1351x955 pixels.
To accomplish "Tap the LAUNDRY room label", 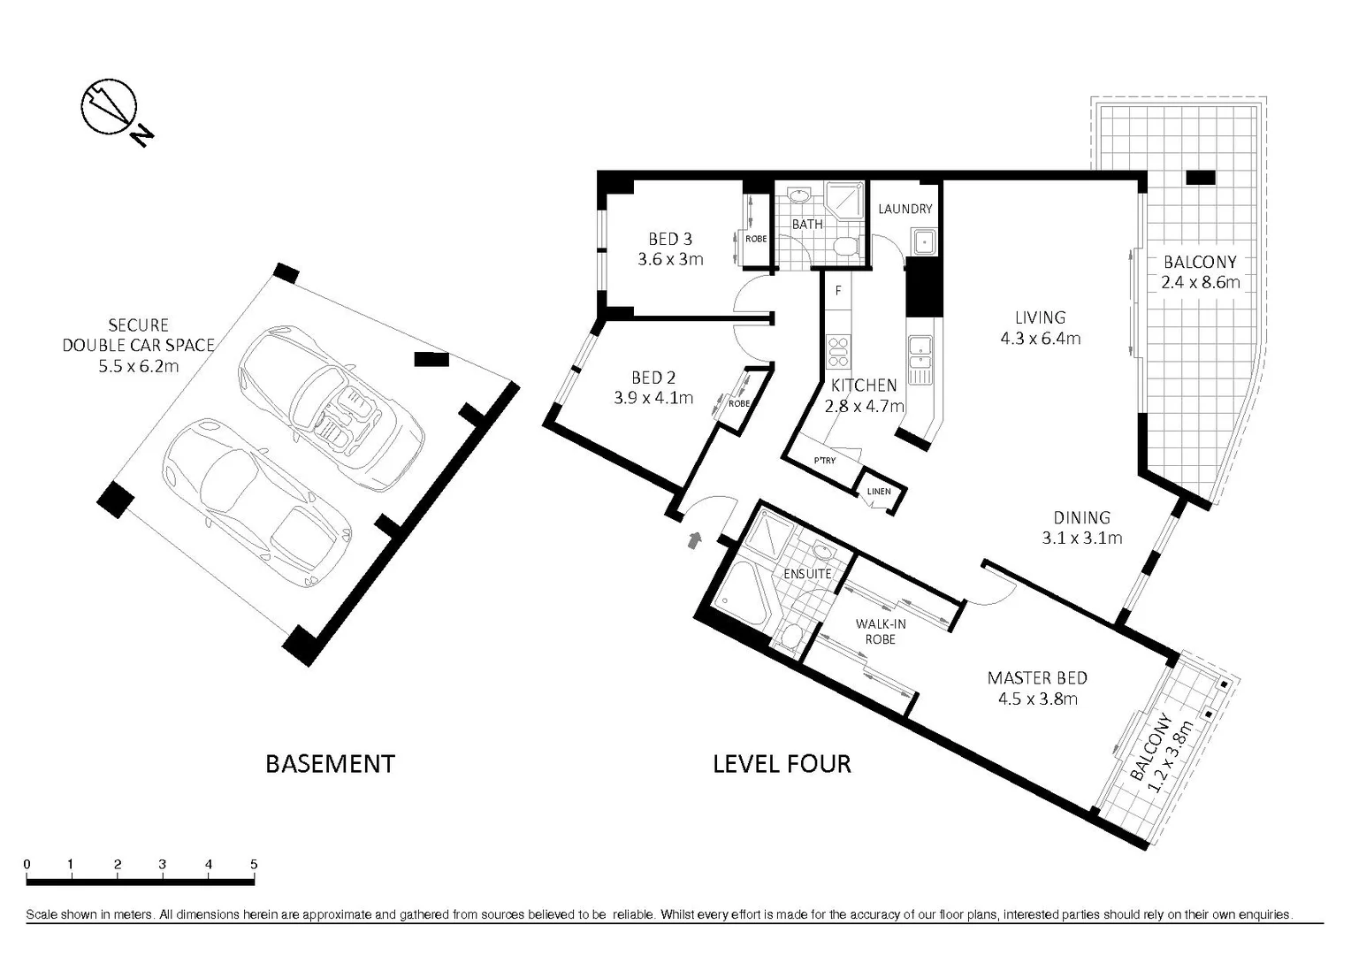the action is coord(905,209).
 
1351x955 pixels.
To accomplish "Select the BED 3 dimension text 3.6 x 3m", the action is coord(671,259).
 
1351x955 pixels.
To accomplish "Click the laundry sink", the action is coord(924,242).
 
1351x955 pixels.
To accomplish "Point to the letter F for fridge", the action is coord(837,291).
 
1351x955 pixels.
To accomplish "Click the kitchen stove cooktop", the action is coord(837,351).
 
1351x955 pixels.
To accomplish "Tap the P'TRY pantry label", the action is coord(824,461).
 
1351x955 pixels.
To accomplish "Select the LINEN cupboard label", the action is coord(879,491).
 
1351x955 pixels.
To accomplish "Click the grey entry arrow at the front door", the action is coord(696,540).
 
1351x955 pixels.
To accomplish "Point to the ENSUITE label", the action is coord(807,574).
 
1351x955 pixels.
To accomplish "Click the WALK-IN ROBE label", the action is coord(881,631).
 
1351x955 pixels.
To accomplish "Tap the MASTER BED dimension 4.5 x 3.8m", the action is coord(1037,699).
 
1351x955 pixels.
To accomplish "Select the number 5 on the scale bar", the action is coord(254,865).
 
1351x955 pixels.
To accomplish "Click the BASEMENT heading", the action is coord(330,764).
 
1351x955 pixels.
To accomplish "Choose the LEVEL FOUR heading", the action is coord(782,764).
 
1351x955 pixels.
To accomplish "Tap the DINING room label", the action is coord(1082,517).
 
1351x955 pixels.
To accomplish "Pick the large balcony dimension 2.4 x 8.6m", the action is coord(1201,282).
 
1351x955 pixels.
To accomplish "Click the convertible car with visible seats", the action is coord(332,409).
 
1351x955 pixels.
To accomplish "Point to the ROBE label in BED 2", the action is coord(739,403).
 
